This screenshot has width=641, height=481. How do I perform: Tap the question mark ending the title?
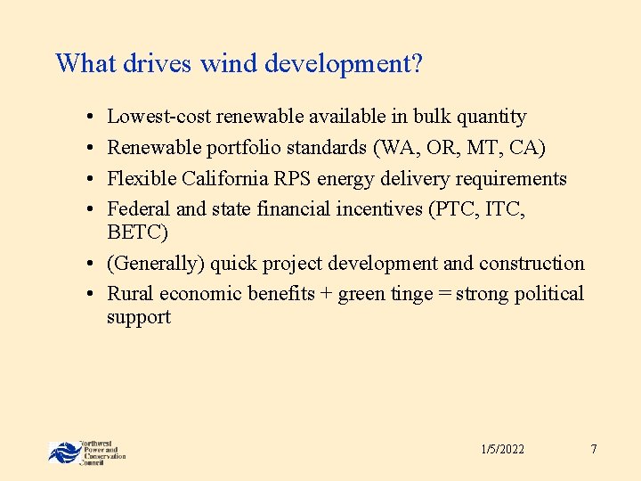417,64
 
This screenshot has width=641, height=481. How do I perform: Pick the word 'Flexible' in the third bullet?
142,179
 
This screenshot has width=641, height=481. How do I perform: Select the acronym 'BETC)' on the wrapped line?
137,232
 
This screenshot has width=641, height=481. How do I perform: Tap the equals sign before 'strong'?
444,295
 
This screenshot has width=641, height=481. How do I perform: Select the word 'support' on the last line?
138,317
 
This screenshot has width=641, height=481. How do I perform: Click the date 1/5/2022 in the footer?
502,449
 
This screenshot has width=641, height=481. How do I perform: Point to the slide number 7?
593,449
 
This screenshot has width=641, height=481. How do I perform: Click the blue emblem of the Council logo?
63,452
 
